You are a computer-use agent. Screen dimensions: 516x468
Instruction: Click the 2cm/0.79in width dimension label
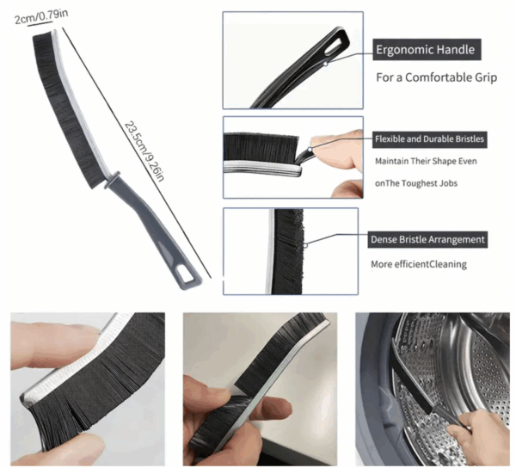(x=41, y=17)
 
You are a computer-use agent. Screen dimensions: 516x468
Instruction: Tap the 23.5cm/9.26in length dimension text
(x=144, y=151)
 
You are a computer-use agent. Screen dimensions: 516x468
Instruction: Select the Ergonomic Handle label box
(x=427, y=49)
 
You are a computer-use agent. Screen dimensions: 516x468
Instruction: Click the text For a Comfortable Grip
(x=436, y=77)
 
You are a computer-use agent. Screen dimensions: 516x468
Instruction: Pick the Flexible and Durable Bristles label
(x=429, y=139)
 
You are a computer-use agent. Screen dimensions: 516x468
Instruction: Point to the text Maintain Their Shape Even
(x=426, y=161)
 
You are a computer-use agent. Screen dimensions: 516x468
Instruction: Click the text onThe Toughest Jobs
(x=416, y=183)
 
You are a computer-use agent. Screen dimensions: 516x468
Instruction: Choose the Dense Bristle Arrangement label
(x=427, y=240)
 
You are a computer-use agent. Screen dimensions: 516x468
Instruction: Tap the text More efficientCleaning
(x=419, y=264)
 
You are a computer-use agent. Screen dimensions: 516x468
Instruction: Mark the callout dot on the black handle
(x=325, y=63)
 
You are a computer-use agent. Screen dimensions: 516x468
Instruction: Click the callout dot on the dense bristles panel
(x=305, y=245)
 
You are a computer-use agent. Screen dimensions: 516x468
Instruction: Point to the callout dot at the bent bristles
(x=310, y=150)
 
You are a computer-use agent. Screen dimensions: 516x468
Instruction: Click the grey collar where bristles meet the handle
(x=112, y=179)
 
